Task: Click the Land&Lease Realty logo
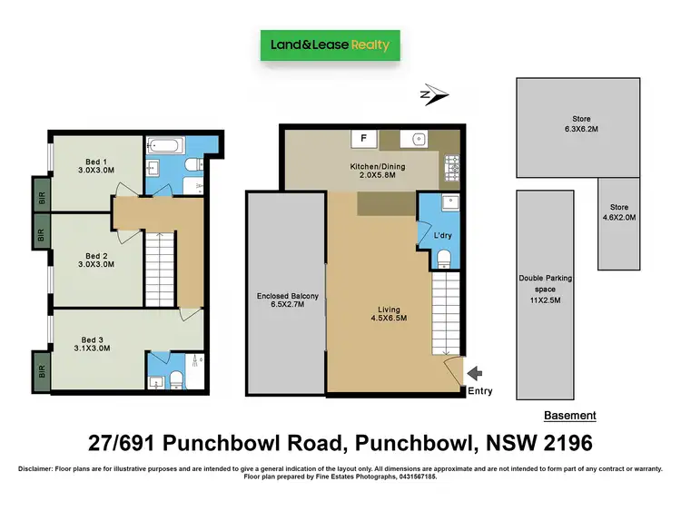tap(330, 44)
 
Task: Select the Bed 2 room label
tap(89, 261)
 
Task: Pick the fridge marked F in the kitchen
tap(363, 139)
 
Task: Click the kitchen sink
tap(419, 139)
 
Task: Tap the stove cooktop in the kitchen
tap(451, 166)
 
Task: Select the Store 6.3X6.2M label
tap(581, 123)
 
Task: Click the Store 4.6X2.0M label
tap(619, 212)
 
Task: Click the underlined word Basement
tap(569, 416)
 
